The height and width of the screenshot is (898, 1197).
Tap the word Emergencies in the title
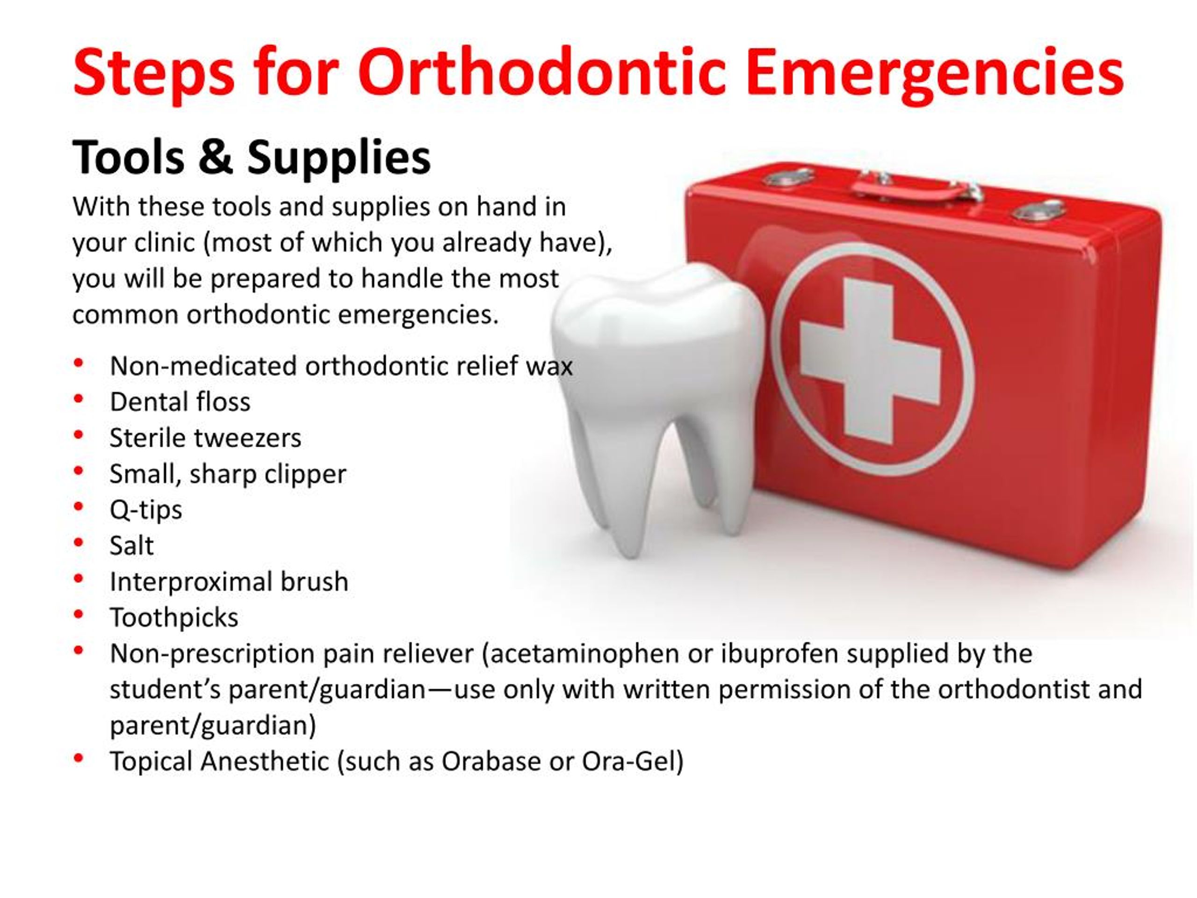pyautogui.click(x=937, y=74)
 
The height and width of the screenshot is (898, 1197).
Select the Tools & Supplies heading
pyautogui.click(x=252, y=158)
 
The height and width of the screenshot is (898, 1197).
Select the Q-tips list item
pyautogui.click(x=145, y=510)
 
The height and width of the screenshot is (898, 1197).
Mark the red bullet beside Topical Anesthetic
pyautogui.click(x=79, y=758)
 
